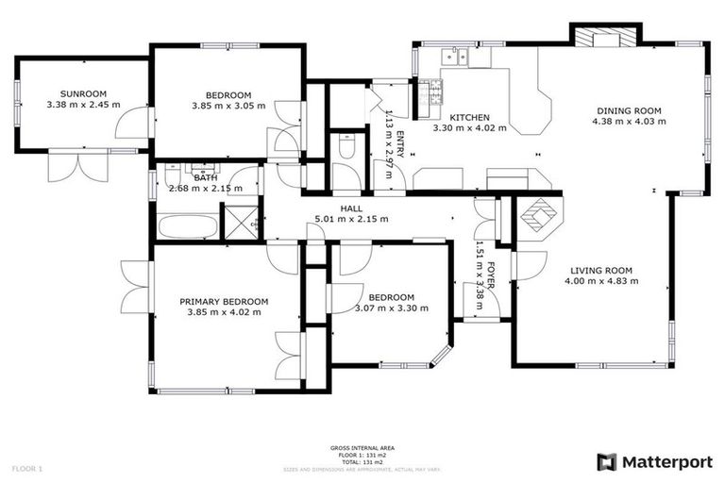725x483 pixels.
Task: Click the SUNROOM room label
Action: click(82, 93)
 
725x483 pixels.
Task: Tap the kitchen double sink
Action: click(454, 58)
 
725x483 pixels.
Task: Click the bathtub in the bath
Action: click(185, 226)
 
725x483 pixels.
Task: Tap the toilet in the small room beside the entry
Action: click(346, 147)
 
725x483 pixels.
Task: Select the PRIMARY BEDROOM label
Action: click(224, 302)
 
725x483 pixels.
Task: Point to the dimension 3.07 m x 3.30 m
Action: click(391, 308)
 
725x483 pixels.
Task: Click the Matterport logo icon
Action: click(606, 462)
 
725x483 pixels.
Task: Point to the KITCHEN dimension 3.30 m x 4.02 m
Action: click(469, 128)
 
